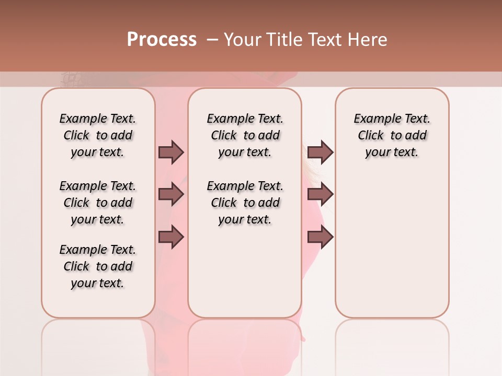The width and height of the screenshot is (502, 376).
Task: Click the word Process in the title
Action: coord(162,39)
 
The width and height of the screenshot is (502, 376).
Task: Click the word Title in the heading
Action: coord(282,39)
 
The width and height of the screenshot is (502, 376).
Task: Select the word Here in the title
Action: coord(368,39)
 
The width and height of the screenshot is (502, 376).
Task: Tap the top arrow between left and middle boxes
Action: coord(171,152)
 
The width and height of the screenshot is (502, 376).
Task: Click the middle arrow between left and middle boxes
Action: coord(171,194)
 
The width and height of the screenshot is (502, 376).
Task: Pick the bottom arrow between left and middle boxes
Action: coord(171,237)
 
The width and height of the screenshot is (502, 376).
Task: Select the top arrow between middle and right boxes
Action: coord(320,152)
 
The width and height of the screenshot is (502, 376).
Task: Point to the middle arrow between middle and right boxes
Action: coord(320,194)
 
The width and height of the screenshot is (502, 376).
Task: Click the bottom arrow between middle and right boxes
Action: coord(320,237)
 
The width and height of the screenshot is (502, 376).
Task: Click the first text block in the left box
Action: coord(98,135)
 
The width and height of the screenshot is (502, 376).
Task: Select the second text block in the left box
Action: coord(98,203)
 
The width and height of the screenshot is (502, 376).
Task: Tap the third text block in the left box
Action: coord(98,266)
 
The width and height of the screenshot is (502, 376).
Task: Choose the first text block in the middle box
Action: coord(245,135)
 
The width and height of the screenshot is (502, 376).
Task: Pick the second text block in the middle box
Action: coord(245,203)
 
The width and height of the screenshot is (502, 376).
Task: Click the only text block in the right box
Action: coord(392,135)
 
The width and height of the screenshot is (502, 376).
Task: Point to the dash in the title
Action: coord(212,39)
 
